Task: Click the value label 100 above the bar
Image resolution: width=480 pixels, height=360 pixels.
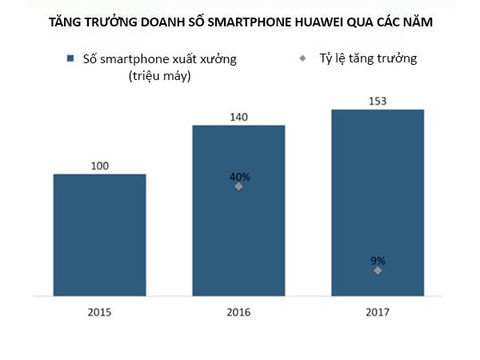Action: click(99, 166)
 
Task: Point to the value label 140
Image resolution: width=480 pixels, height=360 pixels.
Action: click(238, 117)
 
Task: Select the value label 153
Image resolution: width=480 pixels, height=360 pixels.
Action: click(377, 101)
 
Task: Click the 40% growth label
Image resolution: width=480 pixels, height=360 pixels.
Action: click(239, 177)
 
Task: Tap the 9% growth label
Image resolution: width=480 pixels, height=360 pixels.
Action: click(378, 260)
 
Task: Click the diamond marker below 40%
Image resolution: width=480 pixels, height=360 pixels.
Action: click(238, 186)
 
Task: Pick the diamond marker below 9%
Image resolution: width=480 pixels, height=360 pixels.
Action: click(378, 270)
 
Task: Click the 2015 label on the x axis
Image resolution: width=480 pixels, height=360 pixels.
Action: click(99, 311)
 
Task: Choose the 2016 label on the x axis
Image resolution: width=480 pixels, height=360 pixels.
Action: click(238, 311)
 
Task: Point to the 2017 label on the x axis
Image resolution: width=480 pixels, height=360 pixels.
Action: click(377, 311)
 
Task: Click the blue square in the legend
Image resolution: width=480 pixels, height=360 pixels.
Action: click(70, 58)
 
